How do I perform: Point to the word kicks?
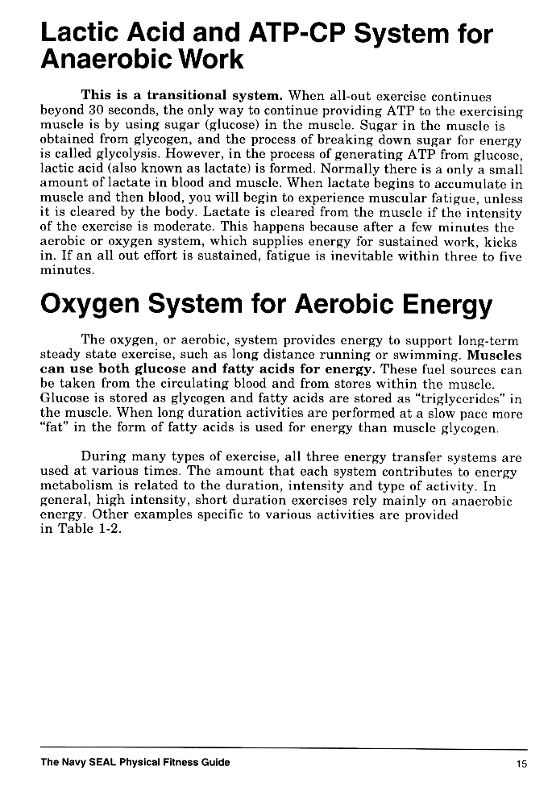coord(504,242)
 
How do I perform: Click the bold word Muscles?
coord(495,355)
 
